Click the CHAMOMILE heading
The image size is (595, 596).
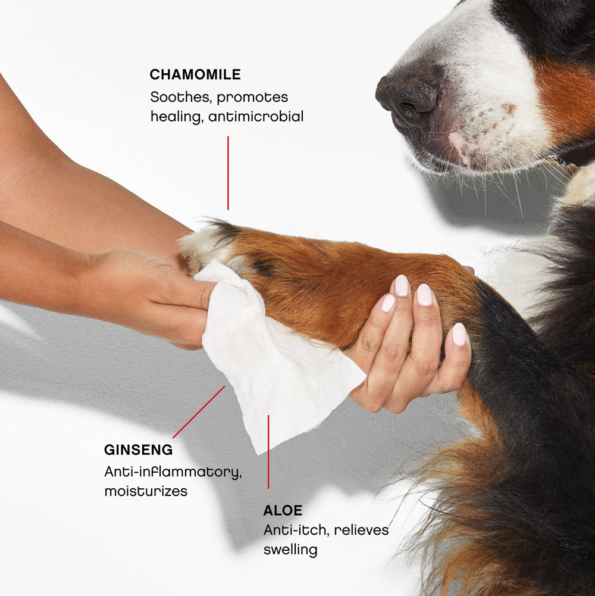[x=195, y=74]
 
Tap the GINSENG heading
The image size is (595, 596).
[x=138, y=450]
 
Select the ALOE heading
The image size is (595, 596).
[x=283, y=510]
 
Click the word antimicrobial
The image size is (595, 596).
[x=256, y=116]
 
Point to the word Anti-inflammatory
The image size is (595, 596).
[x=173, y=473]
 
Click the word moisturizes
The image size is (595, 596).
[x=146, y=491]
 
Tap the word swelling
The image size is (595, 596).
[x=290, y=550]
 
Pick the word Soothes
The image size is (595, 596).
[x=181, y=97]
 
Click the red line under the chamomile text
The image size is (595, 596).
[x=228, y=173]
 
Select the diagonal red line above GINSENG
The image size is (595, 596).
[x=199, y=412]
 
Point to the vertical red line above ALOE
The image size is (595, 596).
[x=268, y=452]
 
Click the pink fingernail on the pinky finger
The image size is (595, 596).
[x=459, y=334]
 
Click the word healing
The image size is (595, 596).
[x=175, y=117]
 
